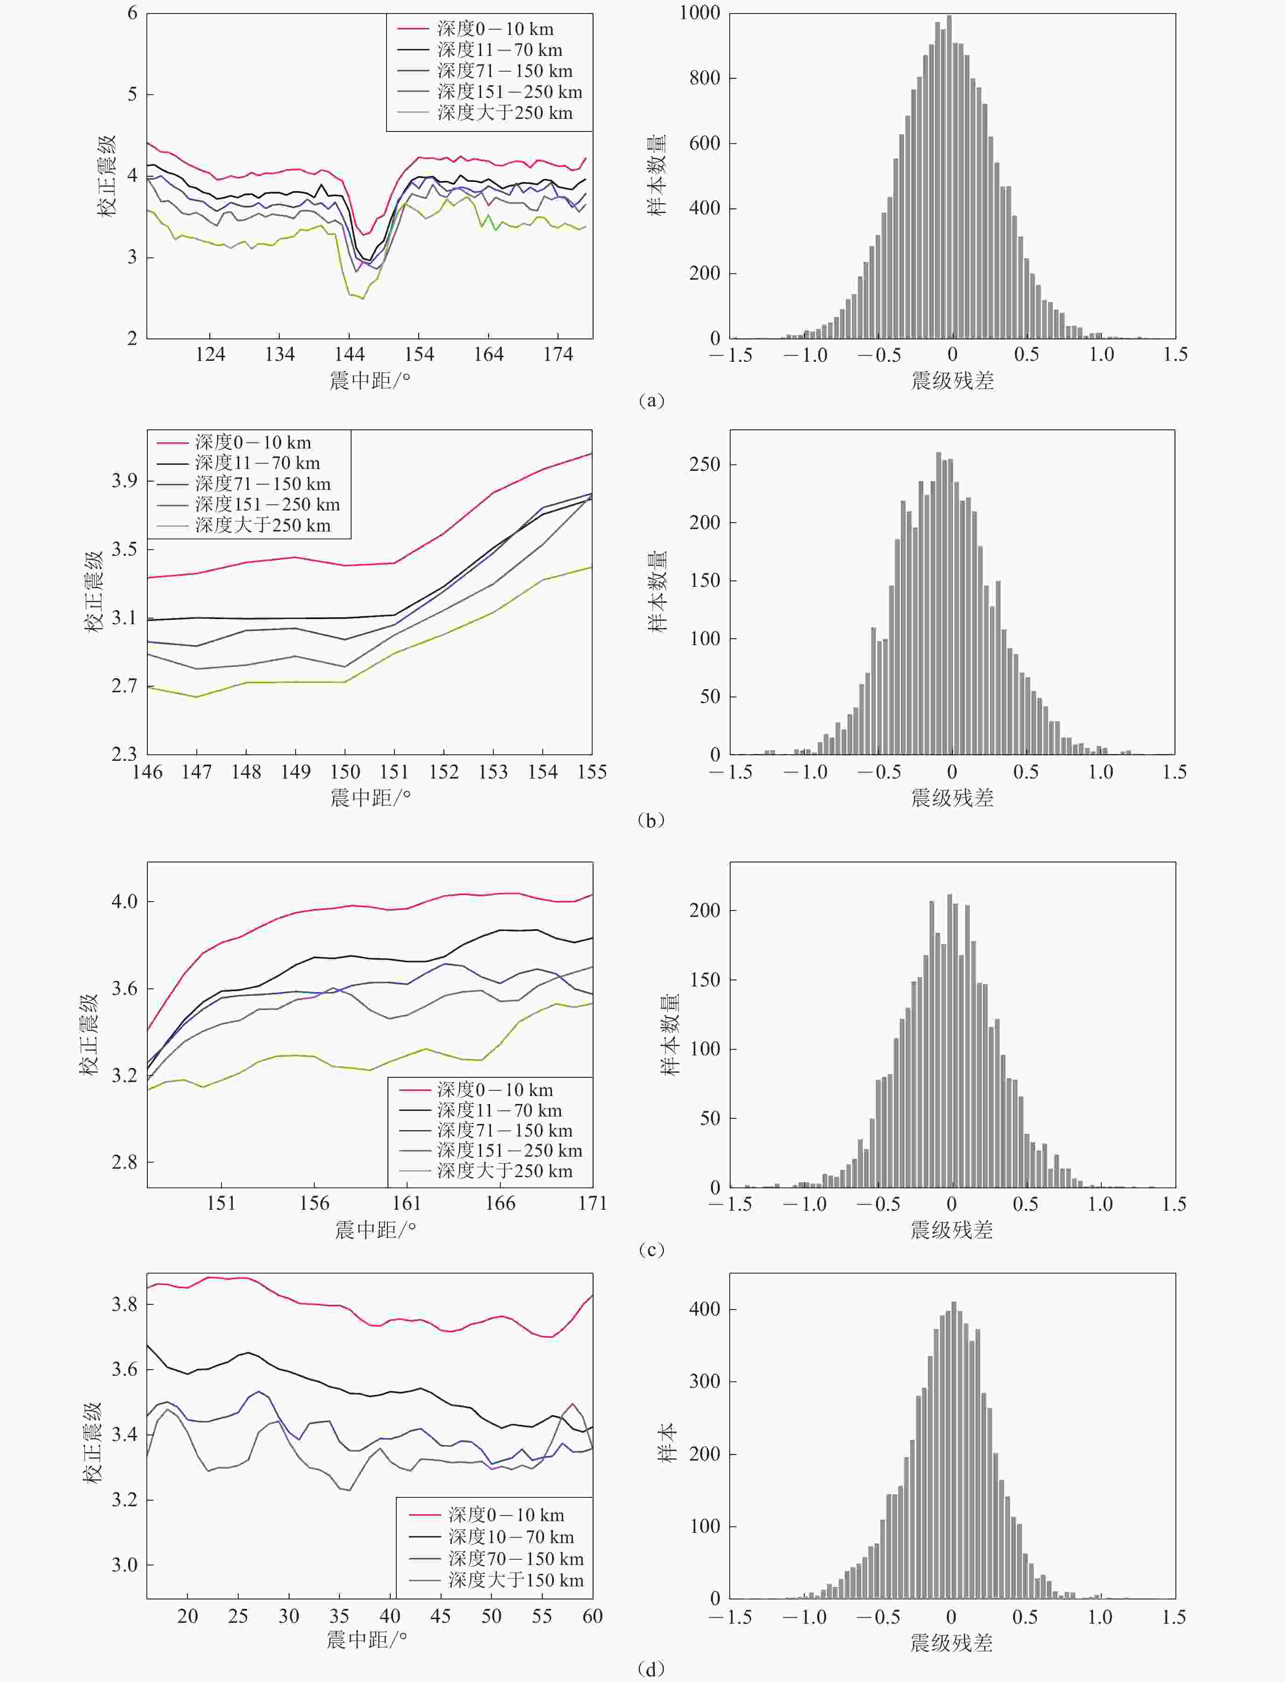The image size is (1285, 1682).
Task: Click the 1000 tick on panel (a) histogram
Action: (699, 13)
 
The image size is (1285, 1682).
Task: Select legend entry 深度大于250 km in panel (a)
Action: (505, 113)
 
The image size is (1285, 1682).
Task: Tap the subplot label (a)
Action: (651, 400)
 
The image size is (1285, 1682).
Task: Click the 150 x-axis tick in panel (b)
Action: (345, 772)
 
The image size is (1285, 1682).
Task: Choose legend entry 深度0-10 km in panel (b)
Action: (252, 442)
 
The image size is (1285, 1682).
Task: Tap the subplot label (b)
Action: (651, 820)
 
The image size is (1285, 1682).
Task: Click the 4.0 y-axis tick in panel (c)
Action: (124, 902)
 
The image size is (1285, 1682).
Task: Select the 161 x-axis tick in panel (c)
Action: (407, 1203)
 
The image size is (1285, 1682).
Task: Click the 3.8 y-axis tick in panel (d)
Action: (124, 1304)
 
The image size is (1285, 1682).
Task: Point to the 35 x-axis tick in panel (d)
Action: (339, 1616)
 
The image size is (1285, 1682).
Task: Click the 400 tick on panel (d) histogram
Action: (705, 1309)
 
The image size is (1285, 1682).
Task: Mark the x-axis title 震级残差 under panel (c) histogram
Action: (952, 1230)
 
